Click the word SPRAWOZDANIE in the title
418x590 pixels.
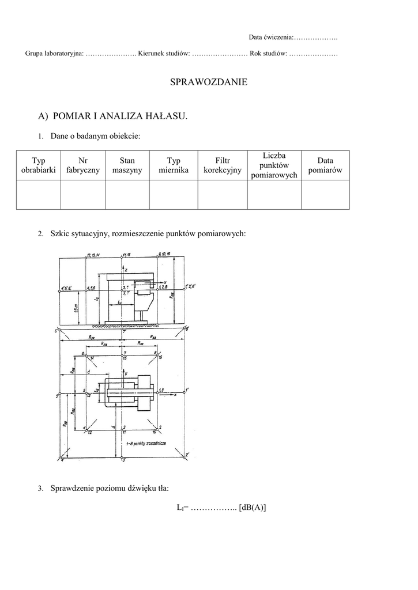(209, 82)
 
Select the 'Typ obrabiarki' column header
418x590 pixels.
(39, 165)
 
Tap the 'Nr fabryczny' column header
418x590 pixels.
(83, 165)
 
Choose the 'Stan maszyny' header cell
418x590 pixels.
(127, 165)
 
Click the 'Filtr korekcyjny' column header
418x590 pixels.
(223, 165)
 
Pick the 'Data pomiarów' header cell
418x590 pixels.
(325, 165)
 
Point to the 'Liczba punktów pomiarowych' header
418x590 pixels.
(274, 165)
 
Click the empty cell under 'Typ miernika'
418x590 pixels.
(174, 194)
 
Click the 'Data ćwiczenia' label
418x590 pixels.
(271, 37)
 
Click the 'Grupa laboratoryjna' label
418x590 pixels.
(54, 54)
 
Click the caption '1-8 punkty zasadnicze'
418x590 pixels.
(147, 446)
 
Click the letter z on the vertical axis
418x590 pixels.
(126, 269)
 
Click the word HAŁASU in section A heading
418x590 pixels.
(165, 116)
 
